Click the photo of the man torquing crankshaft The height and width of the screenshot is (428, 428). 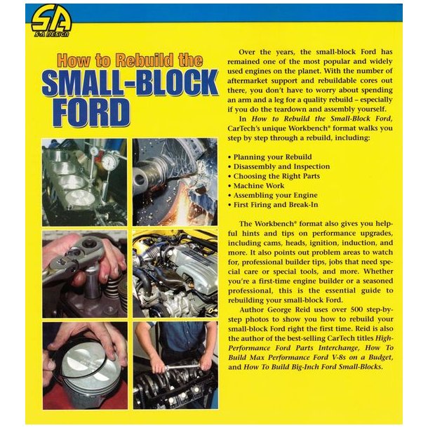(175, 366)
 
